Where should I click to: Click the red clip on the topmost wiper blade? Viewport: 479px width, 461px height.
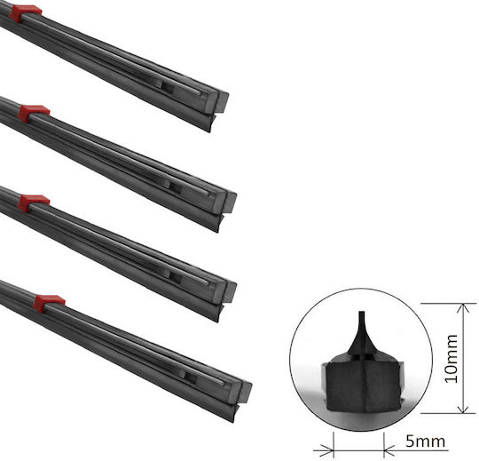pos(25,12)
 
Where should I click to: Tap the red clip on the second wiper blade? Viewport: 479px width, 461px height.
pos(34,113)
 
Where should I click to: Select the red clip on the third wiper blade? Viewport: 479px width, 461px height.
pos(34,203)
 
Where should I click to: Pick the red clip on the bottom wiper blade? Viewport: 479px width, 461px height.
pos(49,303)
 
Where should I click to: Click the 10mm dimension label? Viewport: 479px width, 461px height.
pos(451,359)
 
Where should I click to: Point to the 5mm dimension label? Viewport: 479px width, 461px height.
pos(425,441)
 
